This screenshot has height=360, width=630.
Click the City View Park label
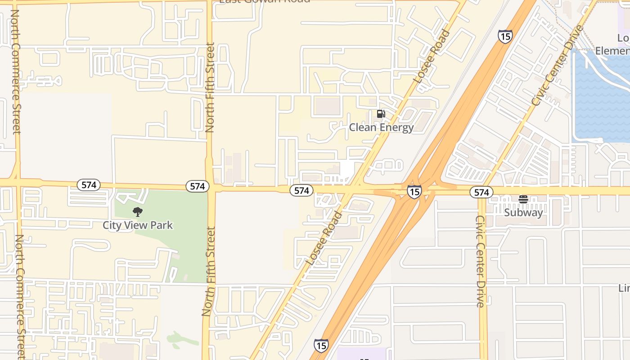click(x=138, y=225)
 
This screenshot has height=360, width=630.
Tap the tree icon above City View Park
click(x=138, y=211)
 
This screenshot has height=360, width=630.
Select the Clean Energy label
click(x=381, y=127)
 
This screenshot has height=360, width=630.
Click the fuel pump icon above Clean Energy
click(x=381, y=114)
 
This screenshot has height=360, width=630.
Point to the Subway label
click(x=523, y=212)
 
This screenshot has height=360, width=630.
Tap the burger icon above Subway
click(x=523, y=199)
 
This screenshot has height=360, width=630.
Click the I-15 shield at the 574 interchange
click(x=414, y=192)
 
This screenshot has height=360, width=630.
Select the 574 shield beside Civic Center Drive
click(x=481, y=193)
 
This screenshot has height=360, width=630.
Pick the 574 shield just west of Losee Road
click(x=301, y=190)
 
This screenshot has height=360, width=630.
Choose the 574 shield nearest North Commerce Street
click(x=88, y=185)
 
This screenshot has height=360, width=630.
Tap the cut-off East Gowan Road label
click(x=265, y=1)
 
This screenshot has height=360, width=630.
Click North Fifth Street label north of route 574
click(x=210, y=88)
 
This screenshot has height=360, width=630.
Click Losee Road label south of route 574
click(x=324, y=238)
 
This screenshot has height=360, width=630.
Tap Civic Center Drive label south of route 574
click(x=481, y=261)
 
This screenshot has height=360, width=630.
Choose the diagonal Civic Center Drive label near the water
click(x=557, y=66)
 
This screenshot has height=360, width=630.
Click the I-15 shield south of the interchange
click(x=321, y=346)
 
